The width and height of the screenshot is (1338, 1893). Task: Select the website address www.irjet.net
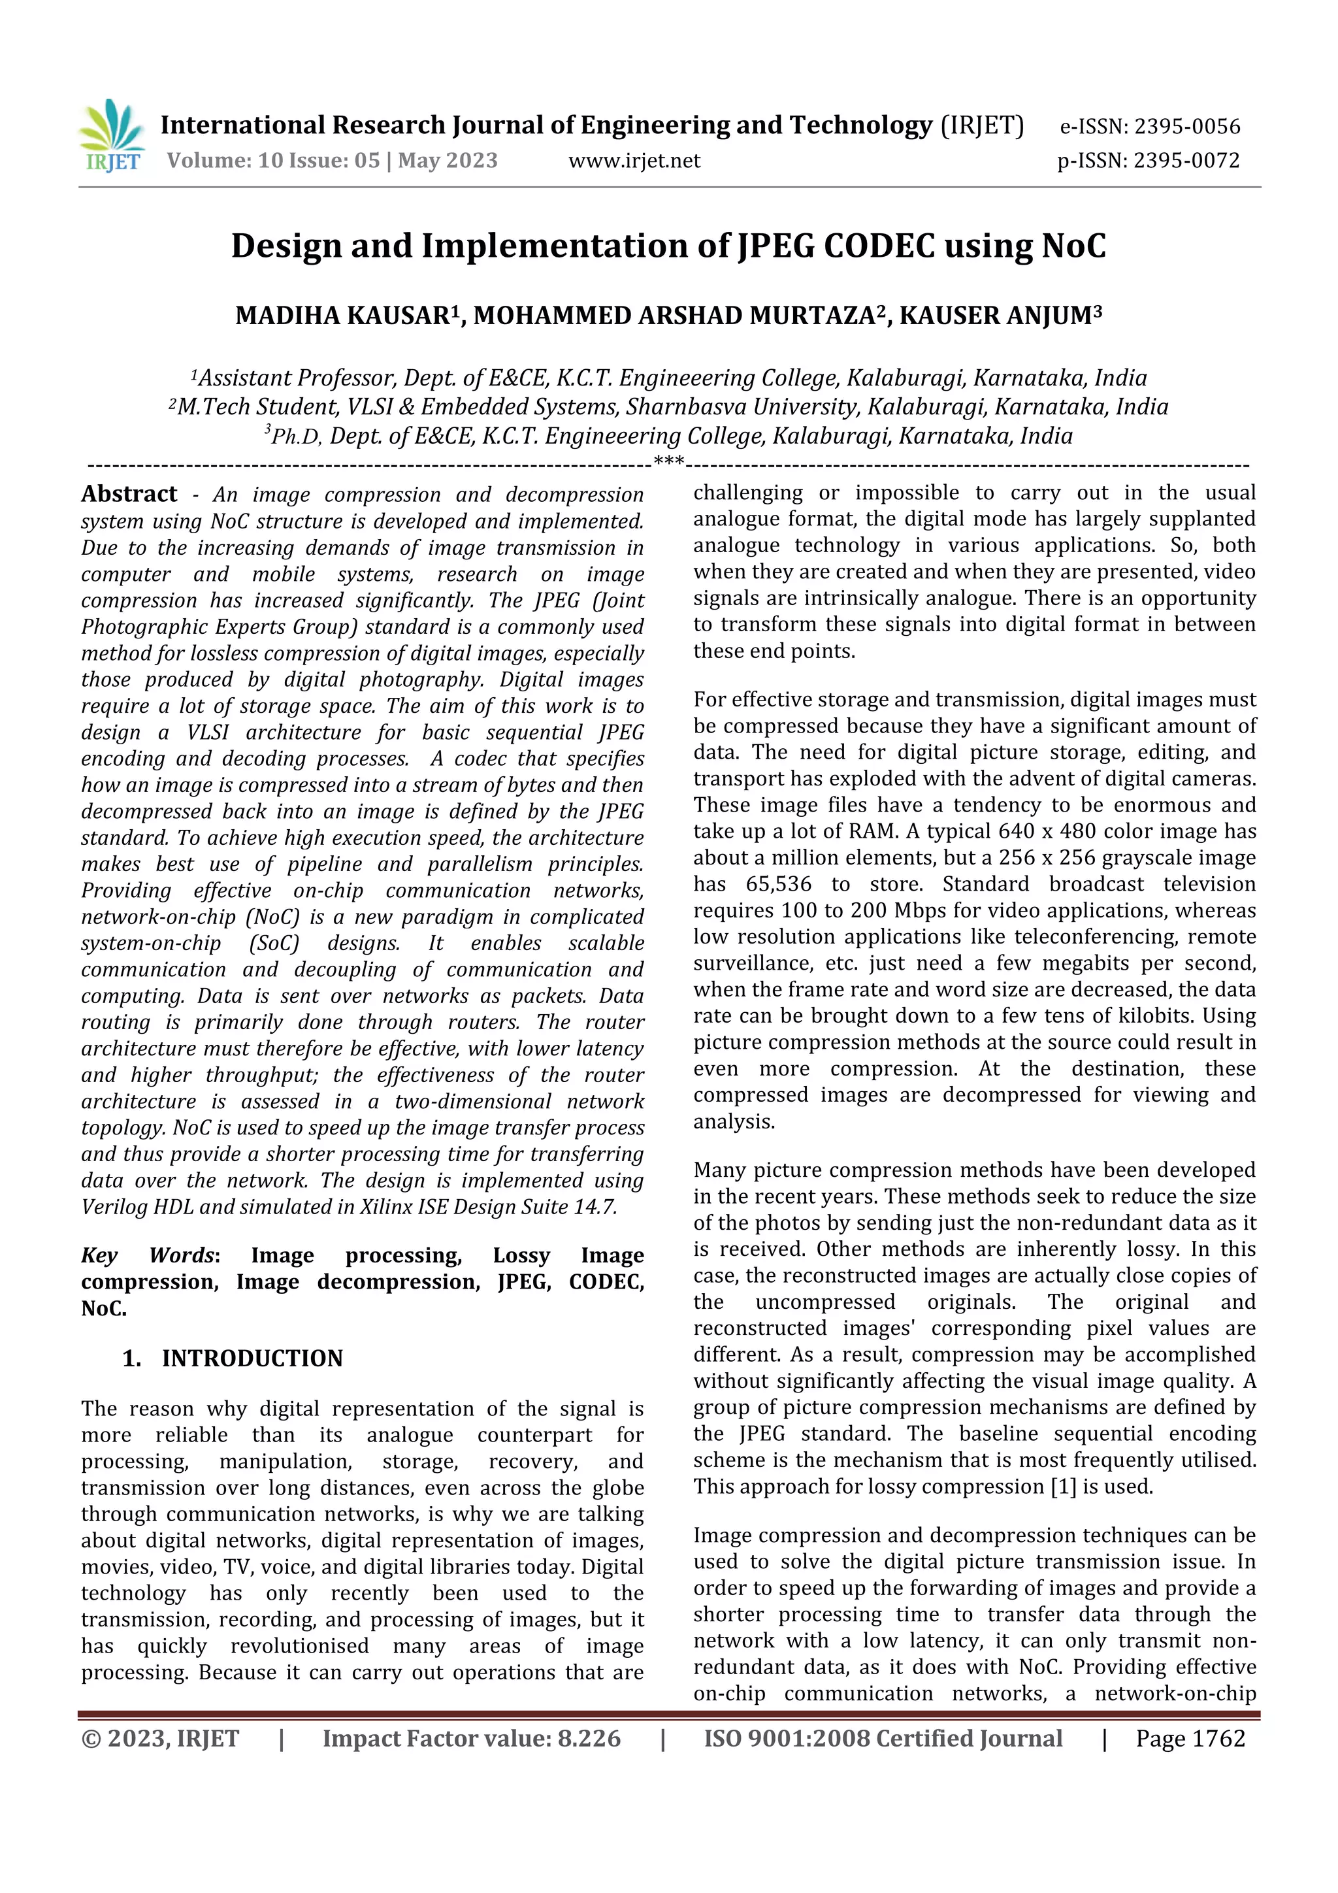[634, 160]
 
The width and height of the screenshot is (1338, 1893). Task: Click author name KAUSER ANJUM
[995, 316]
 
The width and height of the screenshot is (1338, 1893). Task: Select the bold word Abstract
[129, 494]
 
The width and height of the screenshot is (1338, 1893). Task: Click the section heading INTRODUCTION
[252, 1358]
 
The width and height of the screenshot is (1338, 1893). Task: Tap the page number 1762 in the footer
[1218, 1739]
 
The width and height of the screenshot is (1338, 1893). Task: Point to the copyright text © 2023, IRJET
[160, 1739]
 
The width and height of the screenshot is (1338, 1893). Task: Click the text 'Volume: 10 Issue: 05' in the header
[273, 160]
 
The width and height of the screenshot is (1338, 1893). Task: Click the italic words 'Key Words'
[149, 1256]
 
